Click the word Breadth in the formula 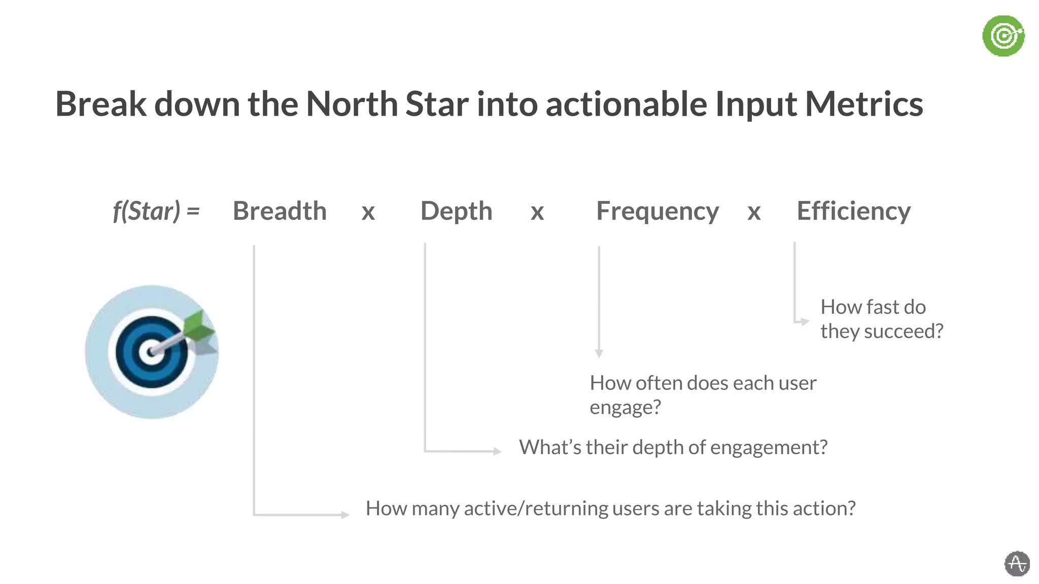point(280,211)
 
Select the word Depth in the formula point(456,211)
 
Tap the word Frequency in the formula point(657,211)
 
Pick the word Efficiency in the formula point(853,211)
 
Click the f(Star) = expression point(156,211)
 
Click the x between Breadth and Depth point(368,212)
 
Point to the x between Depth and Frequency point(537,212)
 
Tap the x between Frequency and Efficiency point(754,212)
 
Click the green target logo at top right point(1003,36)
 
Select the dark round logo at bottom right point(1017,564)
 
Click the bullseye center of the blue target point(151,352)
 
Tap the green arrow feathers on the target point(199,327)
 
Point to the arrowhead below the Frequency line point(599,353)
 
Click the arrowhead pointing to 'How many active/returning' point(345,515)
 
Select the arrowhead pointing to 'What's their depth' point(497,451)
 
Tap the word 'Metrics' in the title point(863,104)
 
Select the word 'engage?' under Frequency point(625,407)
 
